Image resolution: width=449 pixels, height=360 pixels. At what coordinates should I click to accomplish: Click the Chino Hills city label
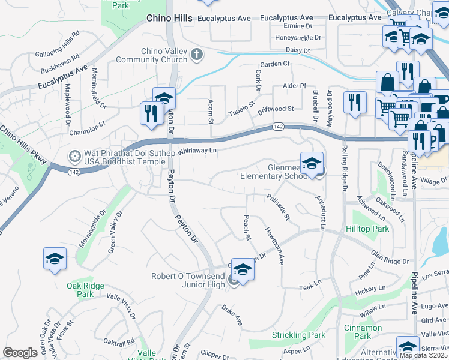tap(170, 19)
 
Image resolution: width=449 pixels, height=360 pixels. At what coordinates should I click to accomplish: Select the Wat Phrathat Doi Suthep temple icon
tap(74, 157)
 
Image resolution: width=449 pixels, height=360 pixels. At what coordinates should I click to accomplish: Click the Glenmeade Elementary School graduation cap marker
tap(312, 164)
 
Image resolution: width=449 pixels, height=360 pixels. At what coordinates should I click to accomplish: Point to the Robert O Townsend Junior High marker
tap(242, 270)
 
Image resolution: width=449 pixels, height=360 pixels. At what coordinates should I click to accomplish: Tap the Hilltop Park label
tap(367, 229)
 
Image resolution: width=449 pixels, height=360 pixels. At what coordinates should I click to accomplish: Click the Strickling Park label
tap(298, 335)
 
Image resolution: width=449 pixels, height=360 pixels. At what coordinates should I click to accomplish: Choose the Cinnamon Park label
tap(363, 332)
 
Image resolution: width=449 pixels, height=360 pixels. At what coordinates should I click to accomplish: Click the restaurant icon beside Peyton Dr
tap(149, 113)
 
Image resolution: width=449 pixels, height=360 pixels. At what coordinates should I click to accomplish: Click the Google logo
tap(20, 353)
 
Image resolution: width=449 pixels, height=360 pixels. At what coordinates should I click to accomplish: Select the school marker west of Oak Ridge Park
tap(55, 259)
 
